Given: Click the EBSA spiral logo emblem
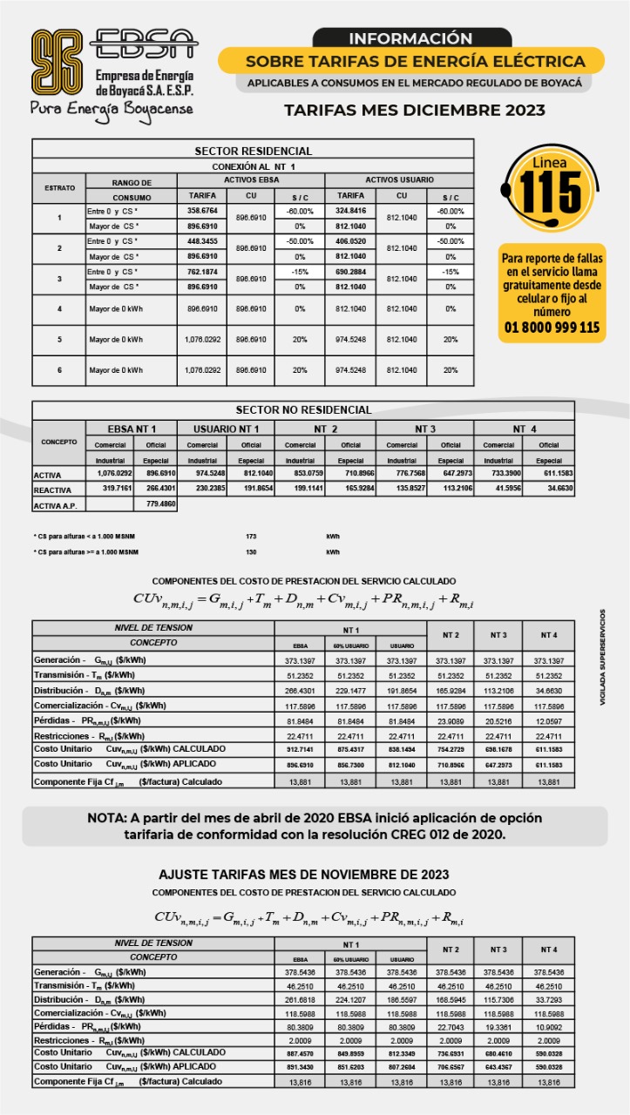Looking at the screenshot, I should [x=58, y=63].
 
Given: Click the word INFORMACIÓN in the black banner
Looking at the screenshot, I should [x=410, y=38].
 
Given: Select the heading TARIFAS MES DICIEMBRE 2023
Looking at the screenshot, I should [x=415, y=111].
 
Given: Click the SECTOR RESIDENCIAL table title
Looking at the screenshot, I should [x=253, y=152].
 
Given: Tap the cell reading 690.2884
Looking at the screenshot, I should [x=350, y=272].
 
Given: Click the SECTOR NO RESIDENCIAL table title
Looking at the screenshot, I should [x=303, y=409].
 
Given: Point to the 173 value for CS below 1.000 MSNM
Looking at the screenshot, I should [x=252, y=536].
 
